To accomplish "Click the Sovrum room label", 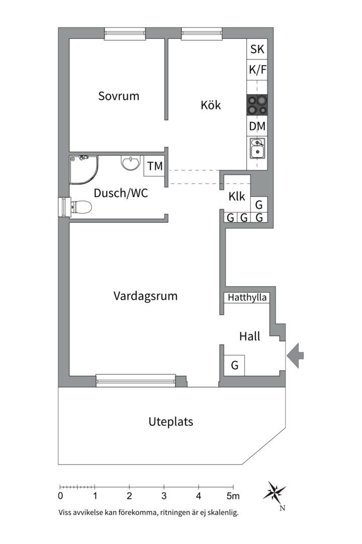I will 119,96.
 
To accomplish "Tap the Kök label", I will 211,105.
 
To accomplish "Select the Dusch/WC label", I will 121,193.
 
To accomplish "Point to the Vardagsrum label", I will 145,296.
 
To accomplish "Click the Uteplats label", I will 171,422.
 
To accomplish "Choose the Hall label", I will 249,336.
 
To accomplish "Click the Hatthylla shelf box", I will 247,298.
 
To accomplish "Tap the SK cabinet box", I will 257,49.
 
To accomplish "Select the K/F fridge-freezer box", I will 257,70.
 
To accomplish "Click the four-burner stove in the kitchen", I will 257,106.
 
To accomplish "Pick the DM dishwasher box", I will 257,126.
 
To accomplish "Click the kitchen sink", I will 257,148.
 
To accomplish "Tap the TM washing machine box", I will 155,166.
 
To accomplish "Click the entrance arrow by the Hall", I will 295,356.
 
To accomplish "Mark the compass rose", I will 275,491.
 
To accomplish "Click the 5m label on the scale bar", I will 233,496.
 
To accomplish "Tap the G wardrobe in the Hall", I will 234,365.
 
